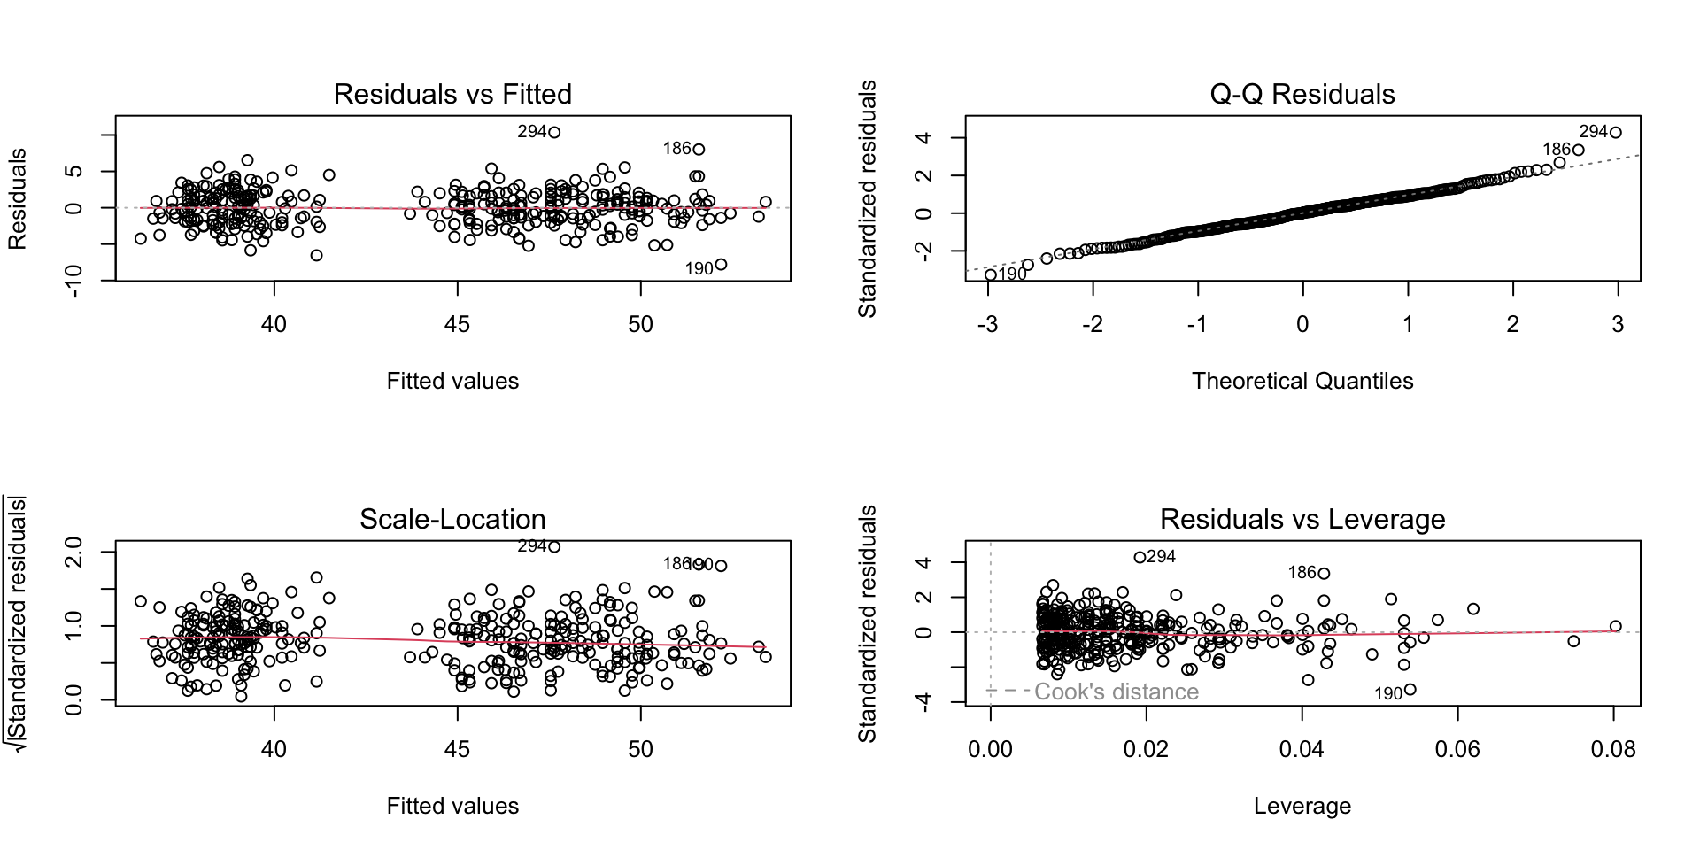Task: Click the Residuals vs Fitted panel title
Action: pos(452,94)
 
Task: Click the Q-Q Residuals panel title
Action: pos(1302,94)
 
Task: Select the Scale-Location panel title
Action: pos(452,519)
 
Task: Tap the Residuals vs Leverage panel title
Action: pos(1302,519)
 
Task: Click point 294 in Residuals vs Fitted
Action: pos(554,133)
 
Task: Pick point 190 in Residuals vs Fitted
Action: pos(721,265)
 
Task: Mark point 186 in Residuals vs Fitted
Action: pos(699,150)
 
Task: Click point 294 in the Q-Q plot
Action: pos(1615,133)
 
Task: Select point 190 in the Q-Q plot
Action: pos(991,275)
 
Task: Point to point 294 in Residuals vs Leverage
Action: pos(1140,558)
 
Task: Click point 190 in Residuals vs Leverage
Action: pos(1410,690)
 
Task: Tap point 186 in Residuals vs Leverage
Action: pos(1324,574)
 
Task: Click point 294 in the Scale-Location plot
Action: pos(554,547)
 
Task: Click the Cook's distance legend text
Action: pos(1116,692)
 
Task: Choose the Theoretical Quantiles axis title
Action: pos(1302,381)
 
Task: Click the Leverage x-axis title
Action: pos(1302,806)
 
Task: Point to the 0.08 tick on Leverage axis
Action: pos(1612,750)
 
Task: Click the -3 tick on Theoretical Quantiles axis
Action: pos(987,325)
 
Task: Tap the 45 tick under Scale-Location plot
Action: pos(457,750)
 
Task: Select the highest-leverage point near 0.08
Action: pos(1615,627)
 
